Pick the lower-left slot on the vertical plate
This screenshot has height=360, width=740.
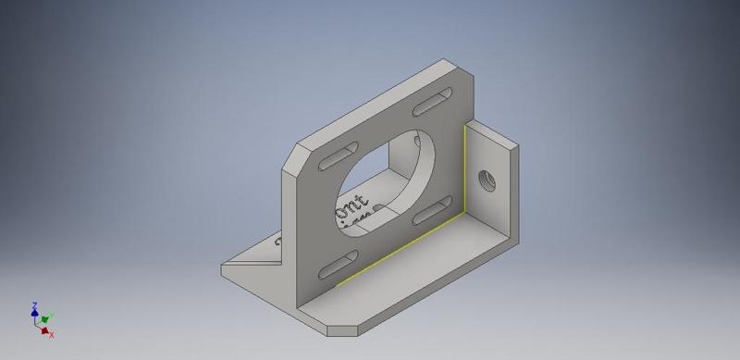[335, 269]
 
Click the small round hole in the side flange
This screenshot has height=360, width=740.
[483, 179]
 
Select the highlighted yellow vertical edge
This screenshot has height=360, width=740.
[463, 167]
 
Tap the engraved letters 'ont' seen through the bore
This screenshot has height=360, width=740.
[355, 205]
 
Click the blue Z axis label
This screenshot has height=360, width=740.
[33, 305]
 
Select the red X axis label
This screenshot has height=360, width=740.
[52, 334]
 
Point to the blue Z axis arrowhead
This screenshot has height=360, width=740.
[34, 314]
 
